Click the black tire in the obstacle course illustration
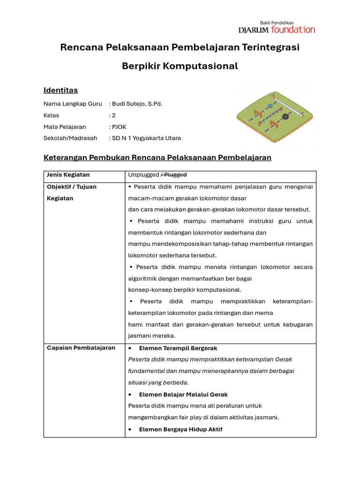285,117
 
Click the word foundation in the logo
293,30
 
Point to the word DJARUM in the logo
254,30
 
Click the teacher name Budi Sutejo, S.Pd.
137,104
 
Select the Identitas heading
60,90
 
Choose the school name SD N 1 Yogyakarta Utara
146,138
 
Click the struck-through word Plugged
175,175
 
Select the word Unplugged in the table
144,175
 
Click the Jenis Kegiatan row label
68,175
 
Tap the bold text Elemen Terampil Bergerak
178,348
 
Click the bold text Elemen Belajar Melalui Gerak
183,395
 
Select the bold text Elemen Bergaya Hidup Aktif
180,429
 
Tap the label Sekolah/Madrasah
70,138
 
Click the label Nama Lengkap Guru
73,104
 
